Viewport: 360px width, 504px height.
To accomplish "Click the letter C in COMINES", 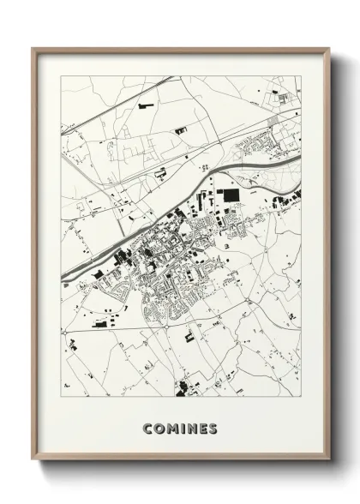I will [148, 428].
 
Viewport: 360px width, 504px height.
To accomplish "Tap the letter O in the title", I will [159, 428].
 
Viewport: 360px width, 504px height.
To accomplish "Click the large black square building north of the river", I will [231, 196].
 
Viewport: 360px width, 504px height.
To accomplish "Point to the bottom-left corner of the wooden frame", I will [33, 462].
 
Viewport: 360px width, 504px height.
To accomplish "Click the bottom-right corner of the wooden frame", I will [329, 462].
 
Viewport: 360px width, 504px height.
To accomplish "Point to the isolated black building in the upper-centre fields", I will [180, 129].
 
